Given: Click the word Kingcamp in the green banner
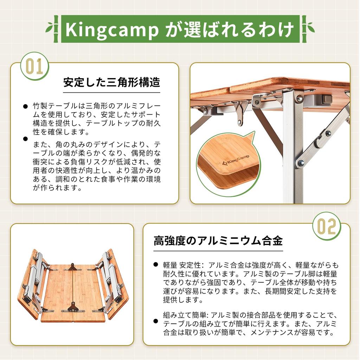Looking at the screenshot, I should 112,30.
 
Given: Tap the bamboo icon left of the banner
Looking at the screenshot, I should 53,28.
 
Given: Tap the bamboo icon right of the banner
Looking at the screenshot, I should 307,28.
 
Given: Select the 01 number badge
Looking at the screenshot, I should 34,66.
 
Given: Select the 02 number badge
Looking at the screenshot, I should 327,226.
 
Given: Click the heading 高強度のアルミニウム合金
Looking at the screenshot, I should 218,241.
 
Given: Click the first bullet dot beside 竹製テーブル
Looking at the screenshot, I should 25,106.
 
